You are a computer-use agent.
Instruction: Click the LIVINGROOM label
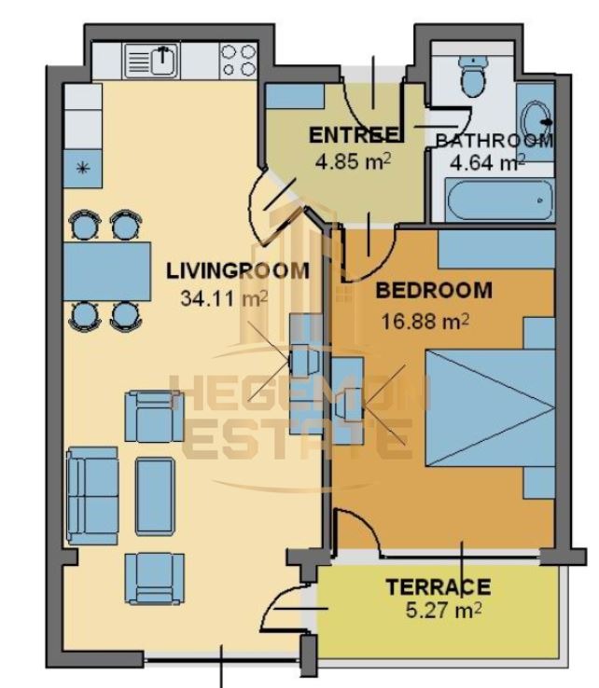pyautogui.click(x=238, y=270)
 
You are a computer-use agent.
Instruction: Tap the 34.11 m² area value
pyautogui.click(x=224, y=299)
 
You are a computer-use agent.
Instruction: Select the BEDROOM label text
pyautogui.click(x=434, y=291)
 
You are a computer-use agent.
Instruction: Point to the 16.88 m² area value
pyautogui.click(x=425, y=322)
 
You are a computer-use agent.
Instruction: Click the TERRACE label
pyautogui.click(x=438, y=587)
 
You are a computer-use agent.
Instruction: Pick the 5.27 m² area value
pyautogui.click(x=443, y=611)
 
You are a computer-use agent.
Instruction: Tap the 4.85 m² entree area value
pyautogui.click(x=353, y=161)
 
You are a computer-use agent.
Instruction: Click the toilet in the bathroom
pyautogui.click(x=473, y=76)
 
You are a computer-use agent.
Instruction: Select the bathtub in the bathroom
pyautogui.click(x=499, y=200)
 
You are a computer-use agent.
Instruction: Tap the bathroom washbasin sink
pyautogui.click(x=536, y=122)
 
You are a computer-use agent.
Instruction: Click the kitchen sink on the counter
pyautogui.click(x=151, y=62)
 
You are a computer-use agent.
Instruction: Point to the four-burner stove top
pyautogui.click(x=238, y=61)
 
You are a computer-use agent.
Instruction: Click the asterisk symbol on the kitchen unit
pyautogui.click(x=82, y=167)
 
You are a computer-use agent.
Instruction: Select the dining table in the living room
pyautogui.click(x=107, y=271)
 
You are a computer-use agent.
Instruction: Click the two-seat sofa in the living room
pyautogui.click(x=92, y=496)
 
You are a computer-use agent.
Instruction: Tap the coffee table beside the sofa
pyautogui.click(x=155, y=496)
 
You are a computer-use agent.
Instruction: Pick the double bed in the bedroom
pyautogui.click(x=490, y=408)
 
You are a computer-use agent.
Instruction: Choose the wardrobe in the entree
pyautogui.click(x=295, y=96)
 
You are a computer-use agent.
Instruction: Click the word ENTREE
pyautogui.click(x=354, y=135)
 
